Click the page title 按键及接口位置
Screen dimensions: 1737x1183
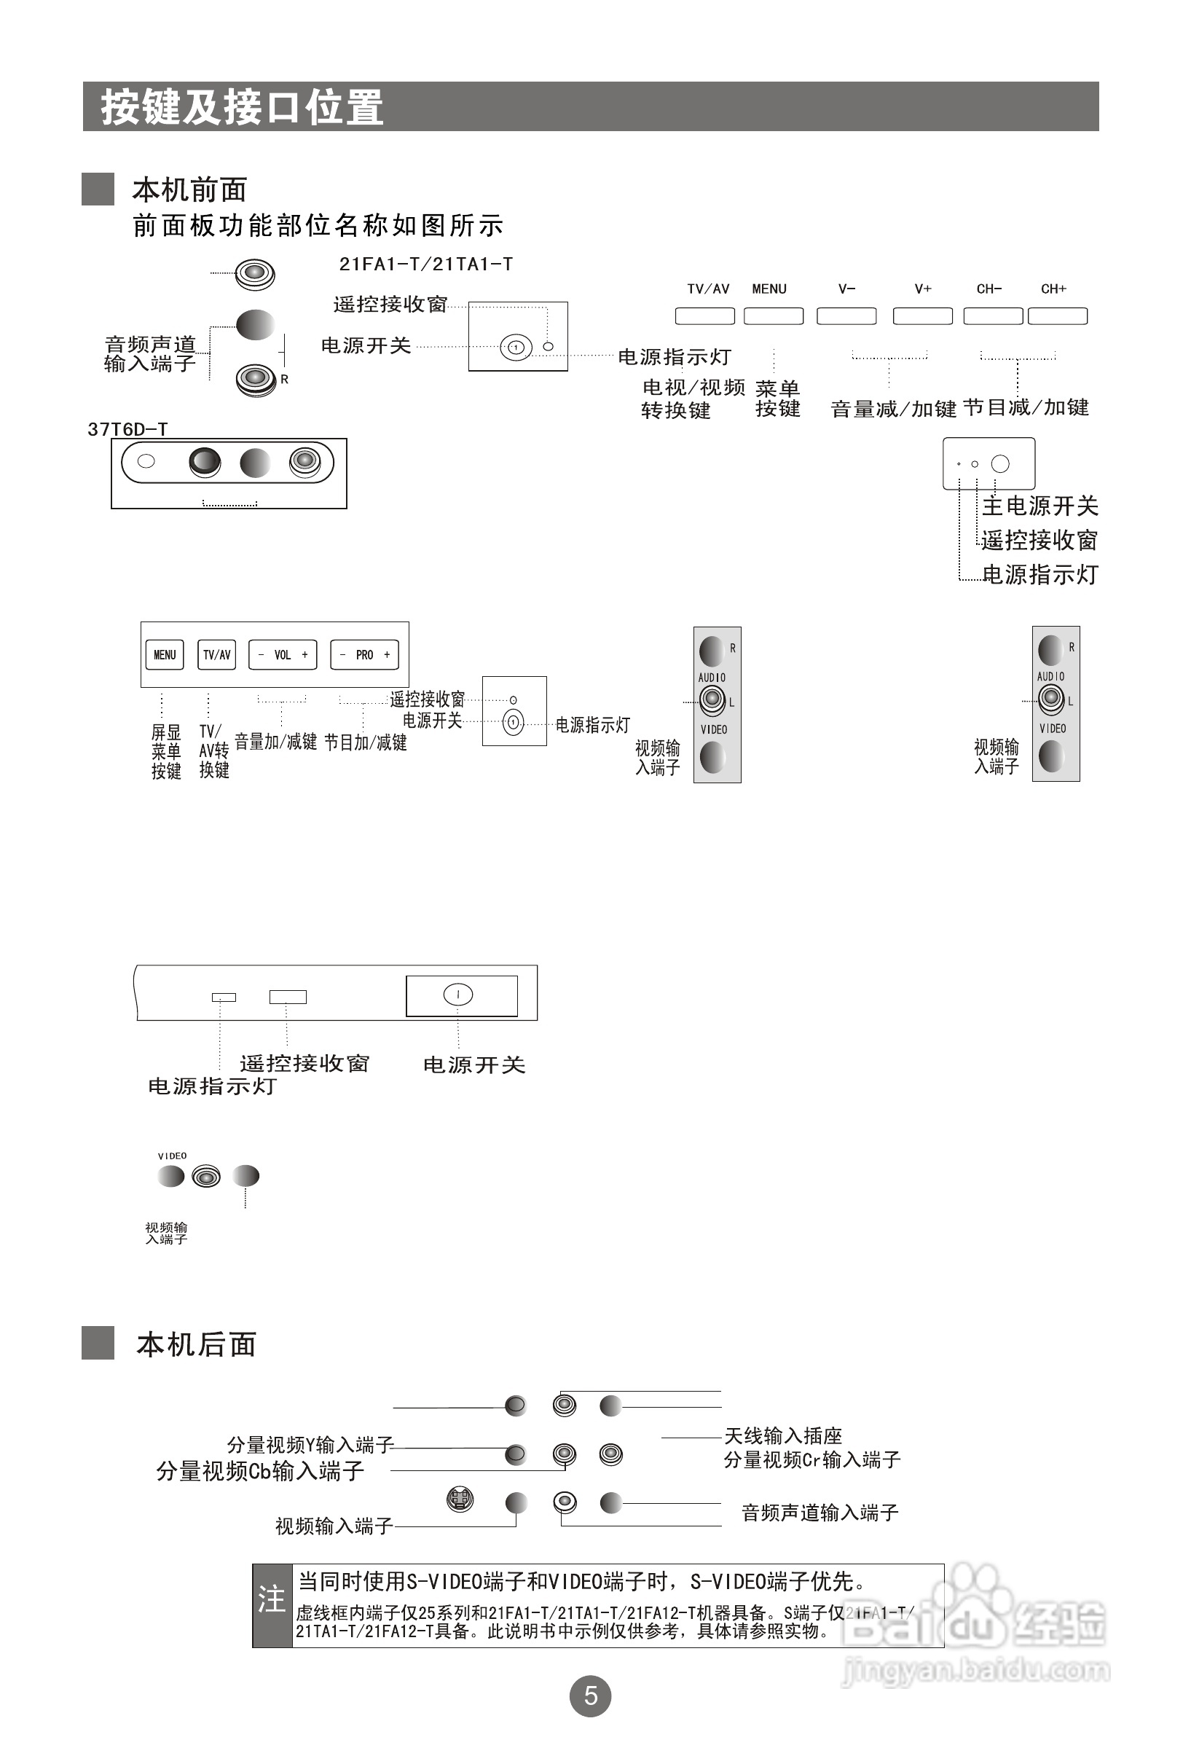point(242,107)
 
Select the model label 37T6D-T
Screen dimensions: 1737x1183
point(127,429)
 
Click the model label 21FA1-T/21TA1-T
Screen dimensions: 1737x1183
point(426,264)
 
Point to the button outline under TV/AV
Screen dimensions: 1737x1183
point(704,316)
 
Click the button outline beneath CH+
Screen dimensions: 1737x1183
point(1058,316)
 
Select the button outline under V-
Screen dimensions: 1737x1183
point(846,316)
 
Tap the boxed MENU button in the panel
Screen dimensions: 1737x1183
point(165,655)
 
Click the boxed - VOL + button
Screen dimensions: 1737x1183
point(283,655)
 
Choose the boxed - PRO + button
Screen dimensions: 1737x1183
point(364,655)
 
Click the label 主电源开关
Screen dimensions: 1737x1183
point(1039,506)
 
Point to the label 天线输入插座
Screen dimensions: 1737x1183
point(782,1436)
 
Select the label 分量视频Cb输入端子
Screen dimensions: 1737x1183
point(260,1471)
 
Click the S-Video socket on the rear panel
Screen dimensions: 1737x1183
point(460,1499)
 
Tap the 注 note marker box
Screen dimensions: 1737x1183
point(272,1604)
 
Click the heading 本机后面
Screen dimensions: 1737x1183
point(196,1344)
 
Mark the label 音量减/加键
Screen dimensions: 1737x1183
point(893,409)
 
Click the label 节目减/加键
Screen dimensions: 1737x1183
point(1026,407)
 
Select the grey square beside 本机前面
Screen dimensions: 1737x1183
point(98,189)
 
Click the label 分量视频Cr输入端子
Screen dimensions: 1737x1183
point(811,1459)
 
